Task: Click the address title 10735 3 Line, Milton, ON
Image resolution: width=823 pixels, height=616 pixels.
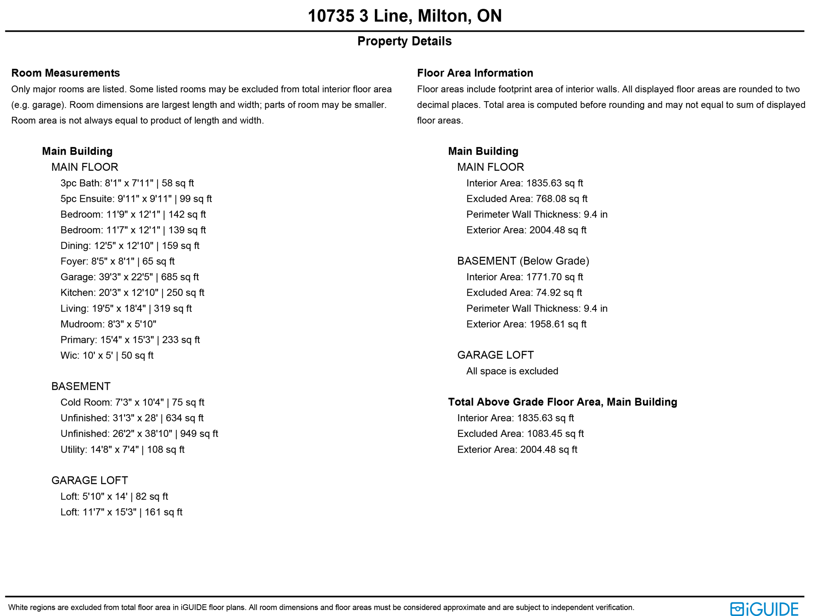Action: (405, 16)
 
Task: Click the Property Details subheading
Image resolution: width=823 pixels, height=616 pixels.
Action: (404, 41)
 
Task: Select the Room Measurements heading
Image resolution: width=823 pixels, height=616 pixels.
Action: (66, 73)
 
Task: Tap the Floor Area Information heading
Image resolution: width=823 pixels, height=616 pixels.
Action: (475, 73)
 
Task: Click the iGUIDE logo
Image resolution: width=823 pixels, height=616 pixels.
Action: (764, 609)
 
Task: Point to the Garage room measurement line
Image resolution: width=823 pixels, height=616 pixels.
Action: (129, 277)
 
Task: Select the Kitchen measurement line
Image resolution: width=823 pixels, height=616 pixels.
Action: (132, 292)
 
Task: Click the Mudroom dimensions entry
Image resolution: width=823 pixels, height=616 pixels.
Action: (108, 324)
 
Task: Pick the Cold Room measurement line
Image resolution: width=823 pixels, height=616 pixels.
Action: (132, 402)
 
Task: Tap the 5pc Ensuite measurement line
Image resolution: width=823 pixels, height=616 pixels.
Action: (136, 198)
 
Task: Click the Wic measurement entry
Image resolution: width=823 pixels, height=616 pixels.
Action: (107, 355)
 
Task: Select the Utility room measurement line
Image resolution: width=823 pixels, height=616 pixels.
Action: (122, 449)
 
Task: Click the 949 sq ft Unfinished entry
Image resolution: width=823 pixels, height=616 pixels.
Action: (139, 433)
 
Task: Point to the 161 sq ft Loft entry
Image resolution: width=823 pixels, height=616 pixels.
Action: (121, 512)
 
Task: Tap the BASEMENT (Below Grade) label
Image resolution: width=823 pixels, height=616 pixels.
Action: (523, 261)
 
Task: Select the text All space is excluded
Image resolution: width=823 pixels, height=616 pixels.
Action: (512, 371)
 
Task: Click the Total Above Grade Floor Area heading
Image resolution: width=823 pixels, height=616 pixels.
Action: (562, 402)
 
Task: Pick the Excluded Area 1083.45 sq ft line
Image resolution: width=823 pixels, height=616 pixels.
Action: (520, 433)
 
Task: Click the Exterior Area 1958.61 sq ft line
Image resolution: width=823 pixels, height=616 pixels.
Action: (526, 324)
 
